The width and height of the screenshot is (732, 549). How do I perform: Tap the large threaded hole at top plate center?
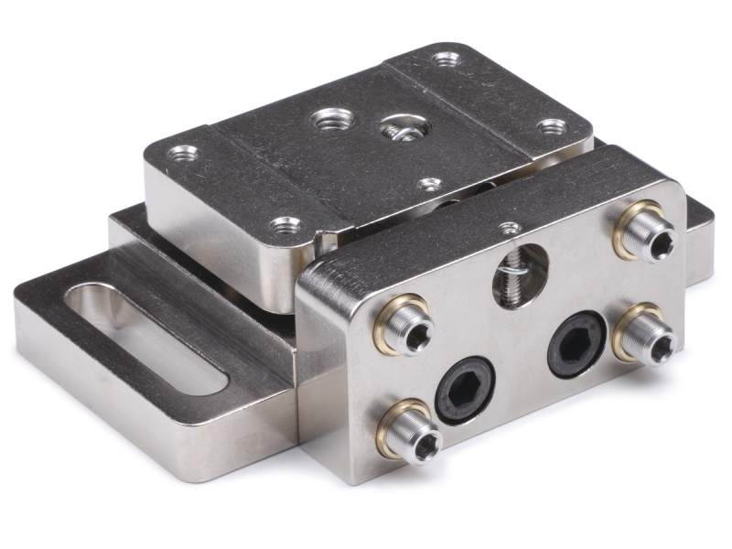(328, 120)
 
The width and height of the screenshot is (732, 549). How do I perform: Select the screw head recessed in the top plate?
(399, 128)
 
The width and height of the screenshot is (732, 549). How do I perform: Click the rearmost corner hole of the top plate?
(446, 61)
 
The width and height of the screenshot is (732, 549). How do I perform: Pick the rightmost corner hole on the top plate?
(551, 127)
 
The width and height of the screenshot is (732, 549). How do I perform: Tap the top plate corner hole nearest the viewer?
(287, 224)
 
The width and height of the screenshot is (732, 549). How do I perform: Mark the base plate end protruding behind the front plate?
(699, 238)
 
